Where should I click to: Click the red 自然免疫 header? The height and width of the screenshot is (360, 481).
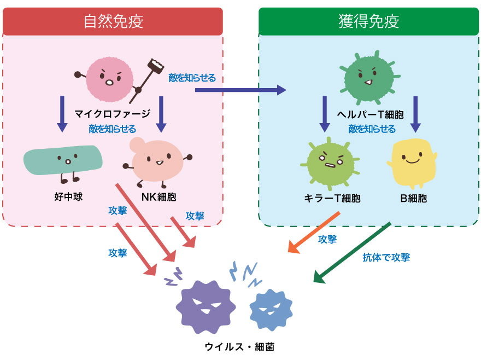pos(113,21)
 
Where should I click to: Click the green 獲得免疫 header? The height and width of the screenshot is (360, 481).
pos(368,21)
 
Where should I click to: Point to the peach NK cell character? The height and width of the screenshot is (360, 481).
pos(156,160)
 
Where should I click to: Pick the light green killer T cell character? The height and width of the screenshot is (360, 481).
pos(330,162)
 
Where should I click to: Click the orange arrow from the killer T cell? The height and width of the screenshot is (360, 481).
pos(314,233)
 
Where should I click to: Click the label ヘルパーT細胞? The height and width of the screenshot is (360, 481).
pos(371,115)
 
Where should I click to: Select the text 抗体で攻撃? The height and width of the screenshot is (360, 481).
pos(386,257)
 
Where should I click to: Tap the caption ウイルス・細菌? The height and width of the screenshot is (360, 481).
pos(236,346)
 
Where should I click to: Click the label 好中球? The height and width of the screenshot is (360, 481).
pos(68,196)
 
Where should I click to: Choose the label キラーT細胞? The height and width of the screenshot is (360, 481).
pos(332,198)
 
